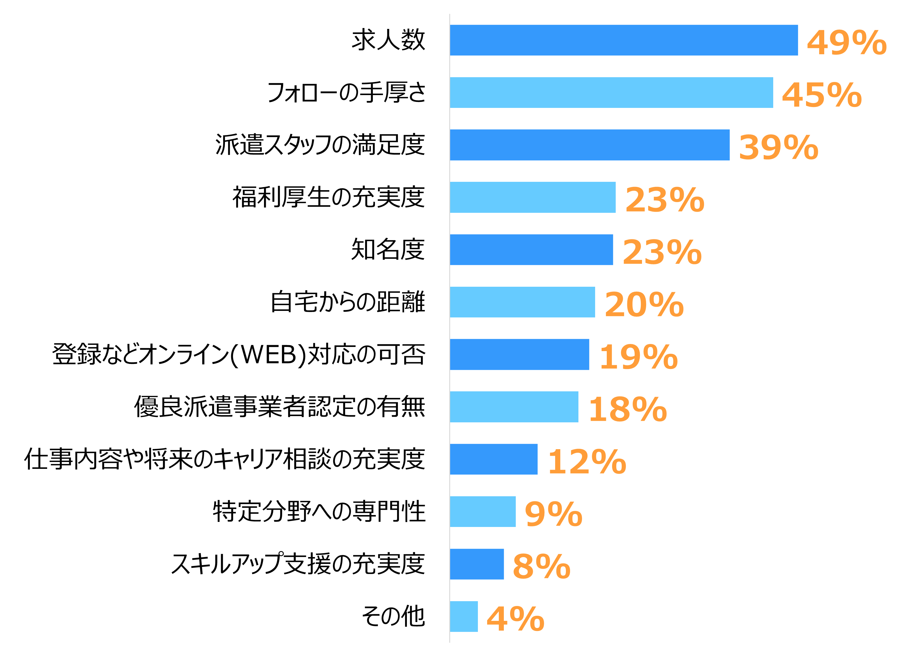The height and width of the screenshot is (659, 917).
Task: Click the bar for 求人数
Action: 623,40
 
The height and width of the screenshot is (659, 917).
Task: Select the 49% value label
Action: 846,42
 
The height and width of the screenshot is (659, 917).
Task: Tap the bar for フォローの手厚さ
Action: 611,92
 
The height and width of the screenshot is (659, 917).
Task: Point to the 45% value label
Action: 822,95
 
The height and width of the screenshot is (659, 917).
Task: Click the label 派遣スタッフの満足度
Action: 320,145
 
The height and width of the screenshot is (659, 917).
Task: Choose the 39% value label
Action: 778,147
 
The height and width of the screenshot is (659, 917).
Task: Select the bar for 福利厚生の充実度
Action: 532,197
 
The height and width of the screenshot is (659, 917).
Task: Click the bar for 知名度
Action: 531,250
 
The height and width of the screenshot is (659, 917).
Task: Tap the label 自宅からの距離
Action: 348,302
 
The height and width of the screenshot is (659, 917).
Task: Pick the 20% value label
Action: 644,304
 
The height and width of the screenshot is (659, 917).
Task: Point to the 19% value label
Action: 638,357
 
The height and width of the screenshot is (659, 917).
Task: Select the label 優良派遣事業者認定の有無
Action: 280,407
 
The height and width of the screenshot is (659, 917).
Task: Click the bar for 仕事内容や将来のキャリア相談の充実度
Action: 493,459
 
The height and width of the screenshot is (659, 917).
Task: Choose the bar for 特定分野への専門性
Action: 482,511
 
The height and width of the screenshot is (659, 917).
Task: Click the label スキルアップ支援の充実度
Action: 298,564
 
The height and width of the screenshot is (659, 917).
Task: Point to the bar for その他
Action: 464,616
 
